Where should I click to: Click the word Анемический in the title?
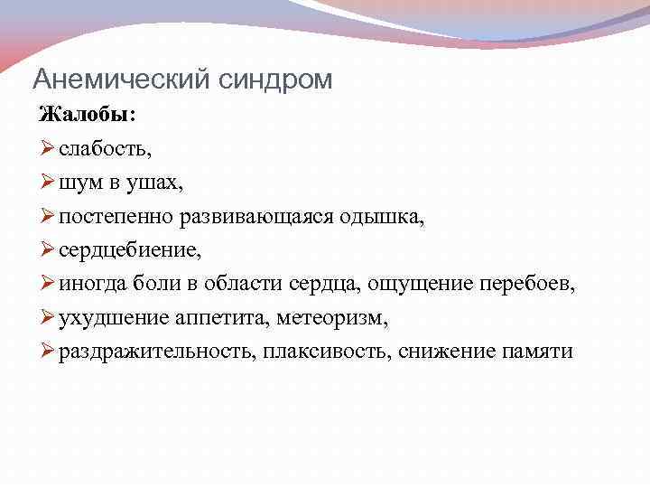(122, 80)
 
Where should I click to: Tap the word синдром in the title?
(275, 80)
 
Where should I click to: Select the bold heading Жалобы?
(88, 116)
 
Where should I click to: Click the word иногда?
(88, 284)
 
